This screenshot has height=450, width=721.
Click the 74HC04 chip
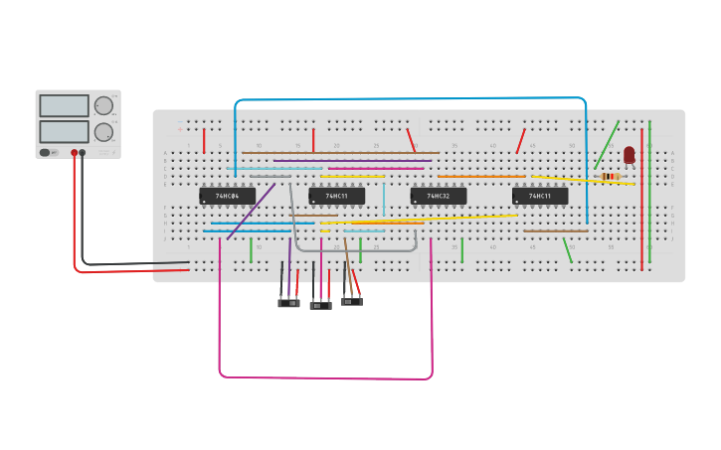[x=227, y=196]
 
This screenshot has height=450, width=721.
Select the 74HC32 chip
[x=438, y=196]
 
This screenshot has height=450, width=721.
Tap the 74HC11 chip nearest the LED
[x=540, y=196]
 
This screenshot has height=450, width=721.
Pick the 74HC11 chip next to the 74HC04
[x=336, y=196]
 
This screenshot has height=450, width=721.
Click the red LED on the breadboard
[x=629, y=154]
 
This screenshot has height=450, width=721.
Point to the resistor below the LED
[x=611, y=177]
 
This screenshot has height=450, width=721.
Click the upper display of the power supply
[x=64, y=105]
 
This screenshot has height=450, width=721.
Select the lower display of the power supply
[x=64, y=131]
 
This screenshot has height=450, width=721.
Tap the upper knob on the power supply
[x=103, y=106]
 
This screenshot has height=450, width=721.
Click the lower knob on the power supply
[x=103, y=132]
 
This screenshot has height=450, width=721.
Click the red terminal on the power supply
[x=74, y=153]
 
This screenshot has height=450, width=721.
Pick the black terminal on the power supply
[x=83, y=153]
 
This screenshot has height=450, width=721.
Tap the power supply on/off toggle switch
[x=46, y=153]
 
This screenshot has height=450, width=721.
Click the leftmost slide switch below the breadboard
[x=288, y=302]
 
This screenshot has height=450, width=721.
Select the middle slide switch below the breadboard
[x=320, y=305]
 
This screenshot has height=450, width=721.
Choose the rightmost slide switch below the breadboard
[x=352, y=301]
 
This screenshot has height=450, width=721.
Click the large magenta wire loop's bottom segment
[x=325, y=377]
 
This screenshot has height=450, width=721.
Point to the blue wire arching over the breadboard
[x=408, y=98]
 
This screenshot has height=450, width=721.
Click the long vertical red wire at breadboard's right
[x=641, y=199]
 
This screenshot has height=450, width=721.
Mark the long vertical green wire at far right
[x=649, y=189]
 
